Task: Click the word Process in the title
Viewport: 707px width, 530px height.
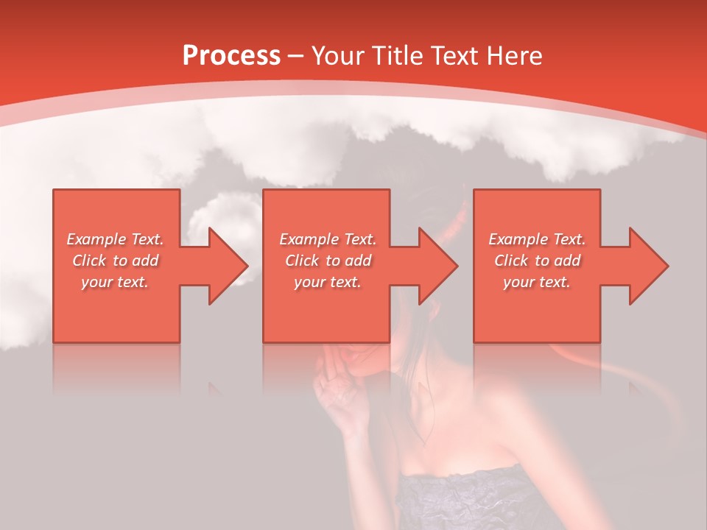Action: [x=231, y=56]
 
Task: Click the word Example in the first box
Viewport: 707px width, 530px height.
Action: [x=96, y=239]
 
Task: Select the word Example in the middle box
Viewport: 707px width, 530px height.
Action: [x=309, y=239]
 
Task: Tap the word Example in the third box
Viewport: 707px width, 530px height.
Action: [x=518, y=239]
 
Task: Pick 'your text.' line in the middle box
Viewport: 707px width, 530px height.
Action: [x=327, y=282]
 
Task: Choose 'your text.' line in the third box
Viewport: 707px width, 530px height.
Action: [x=536, y=282]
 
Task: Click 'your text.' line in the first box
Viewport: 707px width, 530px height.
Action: [x=114, y=282]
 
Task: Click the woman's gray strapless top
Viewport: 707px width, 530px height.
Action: [x=471, y=501]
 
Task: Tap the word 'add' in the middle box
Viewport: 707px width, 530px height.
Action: [x=357, y=261]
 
